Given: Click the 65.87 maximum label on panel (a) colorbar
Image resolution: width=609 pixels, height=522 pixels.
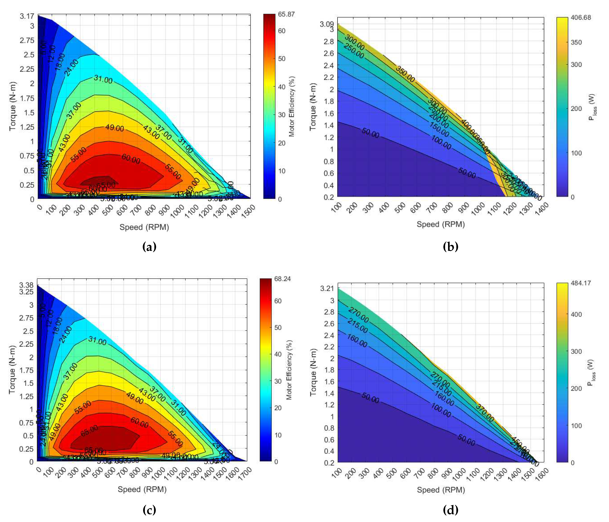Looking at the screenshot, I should click(x=286, y=14).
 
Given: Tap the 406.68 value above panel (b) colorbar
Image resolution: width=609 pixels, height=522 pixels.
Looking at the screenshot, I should click(x=580, y=18).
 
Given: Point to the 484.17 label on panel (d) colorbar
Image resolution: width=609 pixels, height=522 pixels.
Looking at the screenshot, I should click(x=580, y=283).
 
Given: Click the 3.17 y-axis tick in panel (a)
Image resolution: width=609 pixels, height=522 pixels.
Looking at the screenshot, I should click(x=27, y=16).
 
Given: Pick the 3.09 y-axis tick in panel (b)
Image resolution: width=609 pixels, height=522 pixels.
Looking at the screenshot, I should click(x=327, y=24).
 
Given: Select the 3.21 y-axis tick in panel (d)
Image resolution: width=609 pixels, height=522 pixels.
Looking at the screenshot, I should click(x=327, y=288).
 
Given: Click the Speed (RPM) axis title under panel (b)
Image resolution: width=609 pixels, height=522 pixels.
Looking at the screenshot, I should click(x=441, y=224).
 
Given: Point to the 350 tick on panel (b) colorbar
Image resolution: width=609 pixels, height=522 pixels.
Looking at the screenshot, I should click(x=576, y=42).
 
